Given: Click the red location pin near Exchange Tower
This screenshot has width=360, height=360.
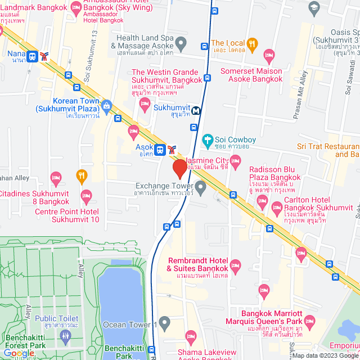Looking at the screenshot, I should coord(180,168).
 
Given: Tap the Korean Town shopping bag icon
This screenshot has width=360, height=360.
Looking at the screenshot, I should coord(107,105).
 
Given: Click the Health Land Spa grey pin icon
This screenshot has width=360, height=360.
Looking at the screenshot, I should coord(181,43).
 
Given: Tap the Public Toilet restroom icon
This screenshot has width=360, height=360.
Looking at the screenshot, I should coord(65,336).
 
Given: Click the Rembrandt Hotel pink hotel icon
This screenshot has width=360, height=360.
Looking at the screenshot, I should coord(235,264).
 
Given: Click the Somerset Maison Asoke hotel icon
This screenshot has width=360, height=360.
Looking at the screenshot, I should coord(269,55).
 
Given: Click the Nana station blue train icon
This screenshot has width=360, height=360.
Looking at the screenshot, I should coord(32,56).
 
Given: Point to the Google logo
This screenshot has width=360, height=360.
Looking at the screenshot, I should coord(19,353).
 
